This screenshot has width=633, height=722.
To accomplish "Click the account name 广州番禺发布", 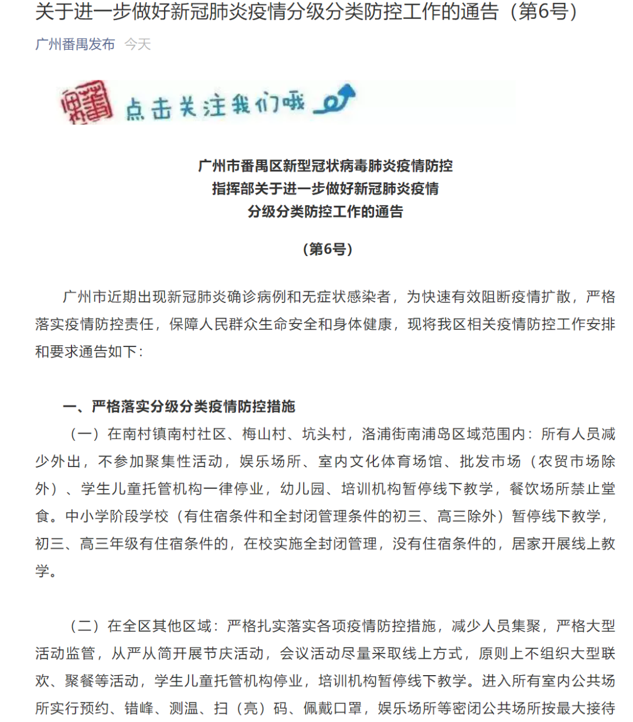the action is tap(75, 45).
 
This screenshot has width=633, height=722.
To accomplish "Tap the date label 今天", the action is tap(138, 45).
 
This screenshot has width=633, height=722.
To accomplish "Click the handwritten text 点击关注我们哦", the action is tap(215, 106).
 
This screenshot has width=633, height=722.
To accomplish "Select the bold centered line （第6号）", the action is tap(328, 249).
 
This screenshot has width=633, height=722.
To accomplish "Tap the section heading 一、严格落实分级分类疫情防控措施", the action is tap(179, 406).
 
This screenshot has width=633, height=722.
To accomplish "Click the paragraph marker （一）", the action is tap(84, 434).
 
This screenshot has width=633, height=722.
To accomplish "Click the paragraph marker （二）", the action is tap(84, 626).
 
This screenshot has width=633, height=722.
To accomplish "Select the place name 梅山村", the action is tap(264, 434).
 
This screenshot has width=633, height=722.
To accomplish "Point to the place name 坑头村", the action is tap(324, 434).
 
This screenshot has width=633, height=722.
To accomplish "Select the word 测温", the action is tap(183, 709).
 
